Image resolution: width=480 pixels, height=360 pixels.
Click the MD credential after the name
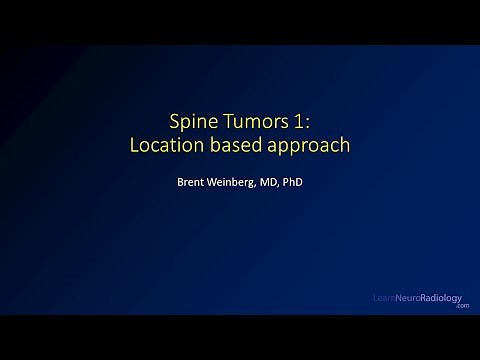click(268, 183)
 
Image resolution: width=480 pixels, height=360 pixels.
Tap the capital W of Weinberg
click(203, 183)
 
